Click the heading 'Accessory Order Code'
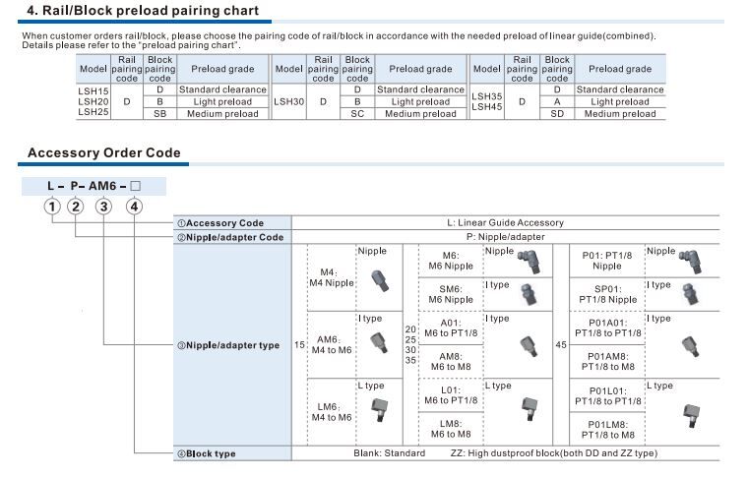[103, 152]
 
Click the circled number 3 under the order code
[103, 206]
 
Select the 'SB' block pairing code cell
[159, 114]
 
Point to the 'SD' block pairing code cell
[557, 114]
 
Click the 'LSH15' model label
[93, 90]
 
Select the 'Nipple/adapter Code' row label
[230, 237]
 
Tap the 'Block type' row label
[212, 453]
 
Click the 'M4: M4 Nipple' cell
[331, 277]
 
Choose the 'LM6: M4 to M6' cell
[331, 411]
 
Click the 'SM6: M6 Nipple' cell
[451, 294]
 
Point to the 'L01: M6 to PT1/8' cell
[451, 394]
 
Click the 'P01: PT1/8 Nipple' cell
[607, 260]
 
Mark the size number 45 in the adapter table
[561, 345]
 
